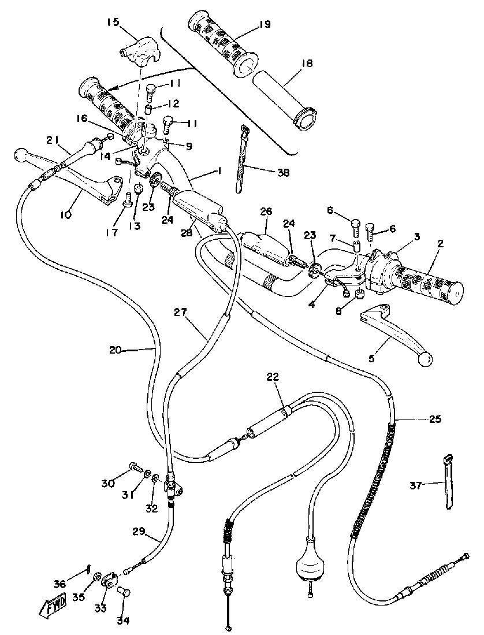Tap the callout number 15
click(113, 23)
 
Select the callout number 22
click(272, 377)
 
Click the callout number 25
click(435, 419)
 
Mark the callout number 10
click(65, 215)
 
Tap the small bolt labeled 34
click(124, 593)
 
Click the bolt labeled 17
click(128, 201)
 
